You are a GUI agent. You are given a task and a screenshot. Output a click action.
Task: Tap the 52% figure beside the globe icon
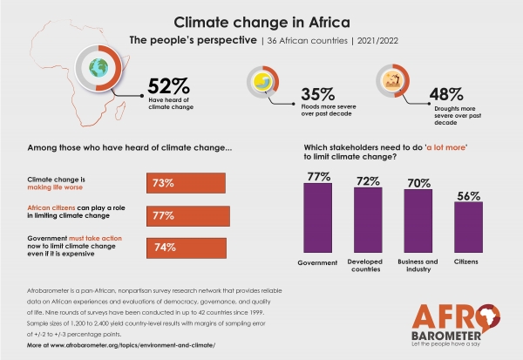click(168, 86)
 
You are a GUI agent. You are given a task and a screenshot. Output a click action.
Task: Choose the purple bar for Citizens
click(469, 233)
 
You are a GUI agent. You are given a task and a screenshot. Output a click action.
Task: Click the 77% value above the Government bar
click(316, 176)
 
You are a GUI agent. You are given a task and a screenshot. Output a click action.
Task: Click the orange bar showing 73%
click(186, 183)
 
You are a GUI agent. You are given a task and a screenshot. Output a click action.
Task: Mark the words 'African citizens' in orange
click(55, 208)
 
